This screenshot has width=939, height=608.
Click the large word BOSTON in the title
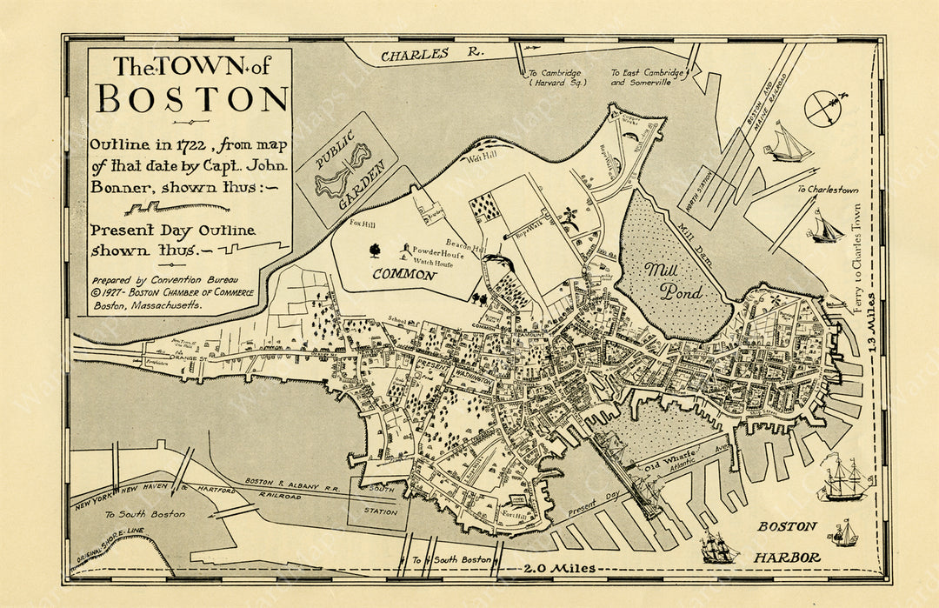(191, 99)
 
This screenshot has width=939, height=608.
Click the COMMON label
(404, 275)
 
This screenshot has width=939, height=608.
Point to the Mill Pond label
(672, 280)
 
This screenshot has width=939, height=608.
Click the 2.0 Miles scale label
(559, 568)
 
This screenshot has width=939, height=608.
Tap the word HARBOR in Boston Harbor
(787, 556)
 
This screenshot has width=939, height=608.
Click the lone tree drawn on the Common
(375, 251)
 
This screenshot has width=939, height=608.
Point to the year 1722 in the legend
(197, 145)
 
